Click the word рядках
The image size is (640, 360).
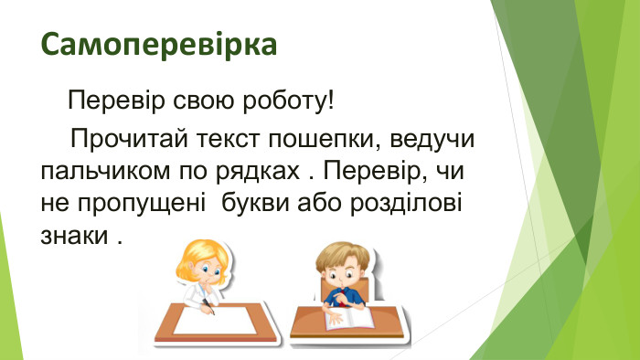coord(254,172)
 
